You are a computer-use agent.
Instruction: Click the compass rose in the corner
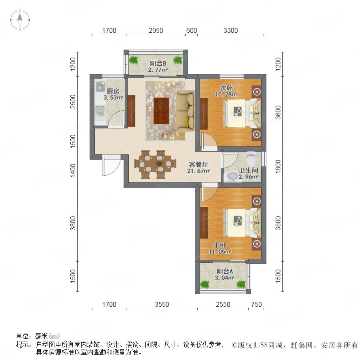[20, 20]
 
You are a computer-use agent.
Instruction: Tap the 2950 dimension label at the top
[156, 30]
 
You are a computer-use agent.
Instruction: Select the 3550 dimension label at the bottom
[162, 304]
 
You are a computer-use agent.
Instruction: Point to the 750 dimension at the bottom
[256, 304]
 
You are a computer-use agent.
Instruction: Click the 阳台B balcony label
[158, 63]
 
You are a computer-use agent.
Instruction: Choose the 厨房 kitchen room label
[113, 91]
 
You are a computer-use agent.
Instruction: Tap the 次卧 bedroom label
[226, 88]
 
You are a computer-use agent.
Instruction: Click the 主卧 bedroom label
[220, 245]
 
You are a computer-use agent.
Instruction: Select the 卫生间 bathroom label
[248, 170]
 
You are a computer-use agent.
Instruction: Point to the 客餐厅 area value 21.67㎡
[198, 171]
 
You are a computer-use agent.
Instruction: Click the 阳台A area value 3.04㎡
[224, 278]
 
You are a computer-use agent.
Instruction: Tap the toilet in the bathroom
[251, 158]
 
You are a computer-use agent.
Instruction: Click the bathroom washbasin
[232, 176]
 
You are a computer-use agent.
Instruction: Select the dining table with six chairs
[156, 164]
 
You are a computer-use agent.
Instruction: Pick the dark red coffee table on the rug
[161, 111]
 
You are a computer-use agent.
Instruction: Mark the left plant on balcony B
[133, 60]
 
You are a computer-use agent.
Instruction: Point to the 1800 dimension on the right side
[278, 167]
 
